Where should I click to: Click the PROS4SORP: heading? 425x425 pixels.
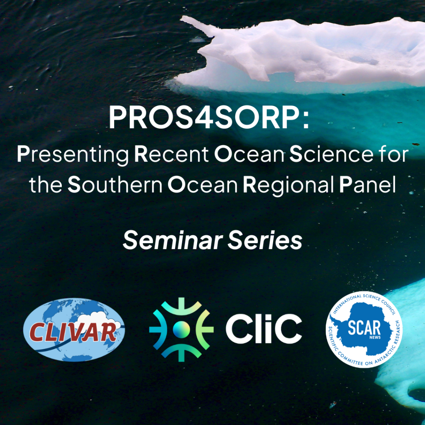(x=209, y=117)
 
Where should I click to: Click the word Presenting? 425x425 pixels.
(x=73, y=155)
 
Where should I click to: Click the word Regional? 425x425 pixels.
(x=288, y=186)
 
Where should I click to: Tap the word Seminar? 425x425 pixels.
(x=173, y=240)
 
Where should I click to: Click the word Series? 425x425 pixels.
(x=265, y=240)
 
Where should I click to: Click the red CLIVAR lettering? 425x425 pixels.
(x=73, y=332)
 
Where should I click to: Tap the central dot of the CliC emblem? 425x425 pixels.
(x=181, y=329)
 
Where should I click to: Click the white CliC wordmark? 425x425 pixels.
(x=264, y=329)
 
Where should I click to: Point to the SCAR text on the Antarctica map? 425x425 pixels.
(x=364, y=327)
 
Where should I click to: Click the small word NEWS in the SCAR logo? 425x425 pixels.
(x=375, y=337)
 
